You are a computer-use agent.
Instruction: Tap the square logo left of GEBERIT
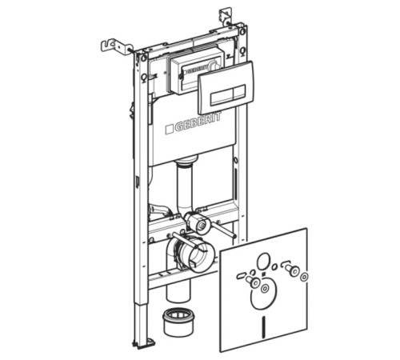point(170,129)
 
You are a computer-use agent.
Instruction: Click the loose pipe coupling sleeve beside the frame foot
point(178,322)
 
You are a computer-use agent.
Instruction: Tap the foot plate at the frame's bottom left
point(144,342)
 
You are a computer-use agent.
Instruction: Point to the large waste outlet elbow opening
point(198,254)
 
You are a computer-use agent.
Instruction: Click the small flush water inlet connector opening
point(202,225)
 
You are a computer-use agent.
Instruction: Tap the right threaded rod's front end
point(234,236)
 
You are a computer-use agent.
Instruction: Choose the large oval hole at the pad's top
point(263,262)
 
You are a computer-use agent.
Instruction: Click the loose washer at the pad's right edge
point(304,277)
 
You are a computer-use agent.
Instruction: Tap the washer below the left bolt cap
point(265,288)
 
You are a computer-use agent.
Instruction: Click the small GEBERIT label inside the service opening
point(196,70)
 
